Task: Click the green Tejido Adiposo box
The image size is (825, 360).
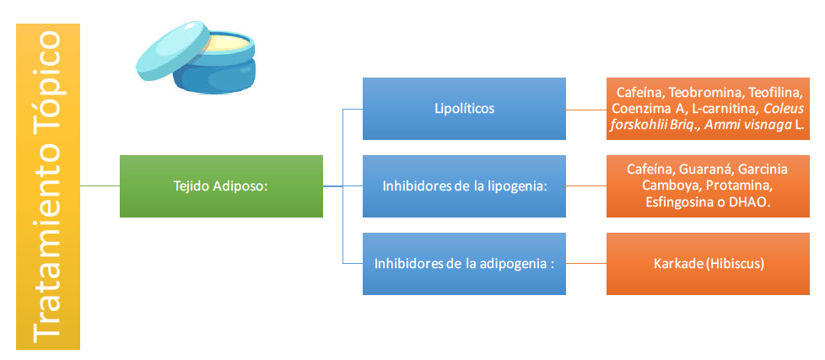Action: tap(221, 186)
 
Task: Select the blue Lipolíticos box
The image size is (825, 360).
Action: tap(464, 109)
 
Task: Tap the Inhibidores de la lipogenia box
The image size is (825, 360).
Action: tap(464, 186)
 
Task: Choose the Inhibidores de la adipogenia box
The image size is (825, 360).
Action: tap(464, 264)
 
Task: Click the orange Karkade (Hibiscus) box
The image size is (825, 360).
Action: tap(709, 264)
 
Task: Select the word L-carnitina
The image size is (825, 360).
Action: tap(725, 109)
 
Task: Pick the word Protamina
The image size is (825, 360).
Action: tap(741, 185)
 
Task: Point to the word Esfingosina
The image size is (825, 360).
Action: tap(679, 203)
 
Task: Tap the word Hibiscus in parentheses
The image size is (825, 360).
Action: tap(737, 264)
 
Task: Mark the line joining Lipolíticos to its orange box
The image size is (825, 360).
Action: tap(585, 109)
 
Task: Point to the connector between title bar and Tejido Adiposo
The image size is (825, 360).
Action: tap(100, 186)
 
